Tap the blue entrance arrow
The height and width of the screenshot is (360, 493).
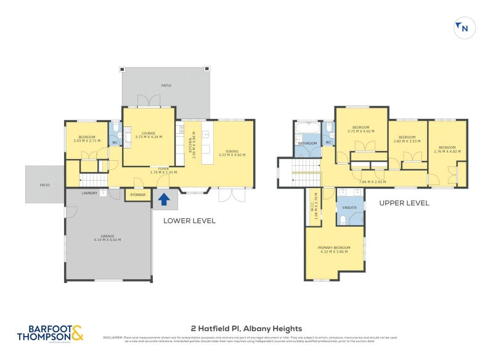click(x=164, y=199)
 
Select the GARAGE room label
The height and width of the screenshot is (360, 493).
click(x=107, y=237)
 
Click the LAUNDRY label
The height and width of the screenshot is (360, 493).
click(x=90, y=193)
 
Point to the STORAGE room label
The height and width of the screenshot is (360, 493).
click(x=138, y=195)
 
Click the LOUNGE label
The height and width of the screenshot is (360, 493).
click(x=148, y=133)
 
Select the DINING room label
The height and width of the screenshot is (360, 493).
click(x=232, y=151)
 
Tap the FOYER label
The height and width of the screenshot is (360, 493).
click(x=163, y=168)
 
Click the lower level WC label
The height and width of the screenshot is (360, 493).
click(x=114, y=143)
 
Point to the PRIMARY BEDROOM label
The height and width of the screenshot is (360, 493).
click(x=334, y=247)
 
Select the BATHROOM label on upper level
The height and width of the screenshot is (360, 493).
click(x=307, y=143)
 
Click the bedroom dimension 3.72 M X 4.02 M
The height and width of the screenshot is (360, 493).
click(x=361, y=131)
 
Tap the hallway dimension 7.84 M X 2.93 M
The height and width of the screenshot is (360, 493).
click(x=372, y=181)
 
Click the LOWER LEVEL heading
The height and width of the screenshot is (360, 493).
click(x=189, y=221)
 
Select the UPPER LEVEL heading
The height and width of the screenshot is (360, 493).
click(x=404, y=203)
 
